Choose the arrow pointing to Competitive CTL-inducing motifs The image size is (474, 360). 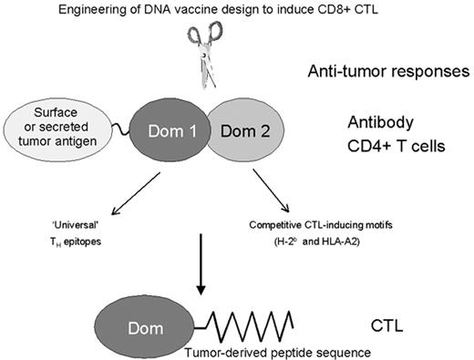(270, 189)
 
